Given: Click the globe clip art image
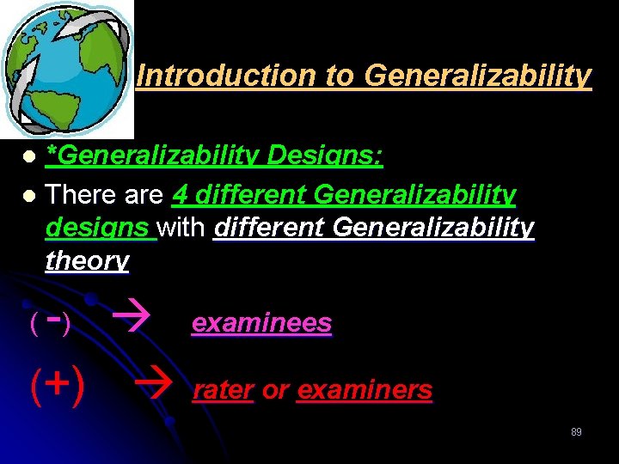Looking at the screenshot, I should [67, 67].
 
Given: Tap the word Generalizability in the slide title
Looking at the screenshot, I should [478, 76].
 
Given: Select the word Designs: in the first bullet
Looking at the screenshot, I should [326, 156].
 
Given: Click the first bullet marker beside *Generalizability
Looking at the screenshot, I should [29, 157].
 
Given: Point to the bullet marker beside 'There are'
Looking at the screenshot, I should [29, 196].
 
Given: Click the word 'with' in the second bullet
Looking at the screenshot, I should [184, 228].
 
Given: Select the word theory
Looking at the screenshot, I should [87, 260].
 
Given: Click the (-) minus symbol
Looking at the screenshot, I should [51, 322].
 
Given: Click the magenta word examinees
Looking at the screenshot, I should [261, 323].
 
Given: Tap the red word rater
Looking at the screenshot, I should [223, 390].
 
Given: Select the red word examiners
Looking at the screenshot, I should [365, 390].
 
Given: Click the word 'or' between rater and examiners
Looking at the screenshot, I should [275, 390].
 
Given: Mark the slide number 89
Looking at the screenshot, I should [576, 431].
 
